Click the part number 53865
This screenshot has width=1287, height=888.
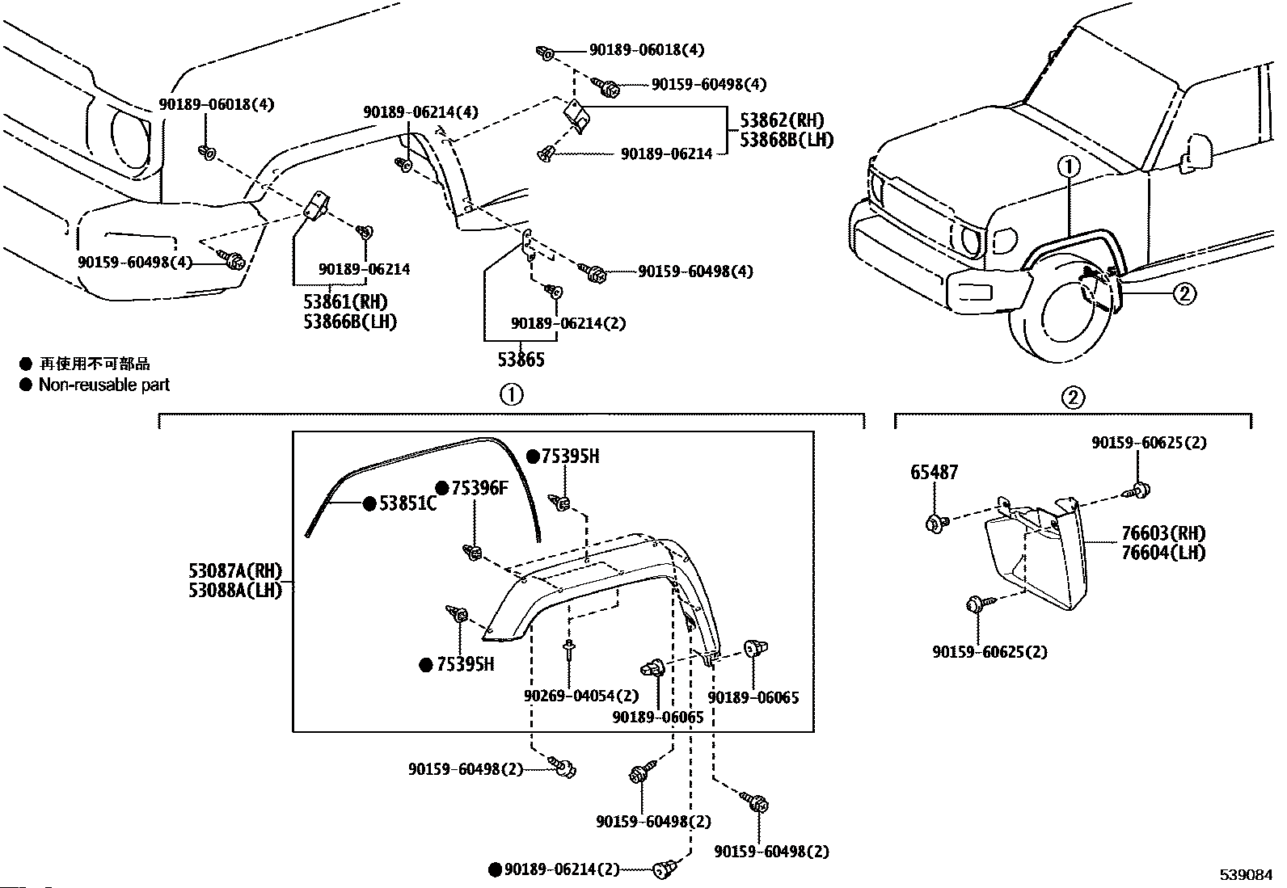point(521,360)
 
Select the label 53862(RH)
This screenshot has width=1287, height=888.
point(782,120)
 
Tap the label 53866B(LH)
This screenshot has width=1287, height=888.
point(350,321)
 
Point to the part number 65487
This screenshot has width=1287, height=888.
point(935,472)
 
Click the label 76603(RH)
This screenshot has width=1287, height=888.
point(1163,533)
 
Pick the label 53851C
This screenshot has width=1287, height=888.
point(407,503)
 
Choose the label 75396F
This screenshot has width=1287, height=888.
point(479,487)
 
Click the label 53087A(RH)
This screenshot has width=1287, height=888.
point(235,572)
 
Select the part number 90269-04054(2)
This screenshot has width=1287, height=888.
point(580,695)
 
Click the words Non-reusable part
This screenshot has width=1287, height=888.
point(104,385)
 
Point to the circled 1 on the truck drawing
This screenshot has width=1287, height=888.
point(1069,166)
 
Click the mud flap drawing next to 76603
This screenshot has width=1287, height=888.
point(1035,558)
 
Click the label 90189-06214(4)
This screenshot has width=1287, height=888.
point(420,113)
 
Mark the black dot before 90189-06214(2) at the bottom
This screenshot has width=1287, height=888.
point(495,869)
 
